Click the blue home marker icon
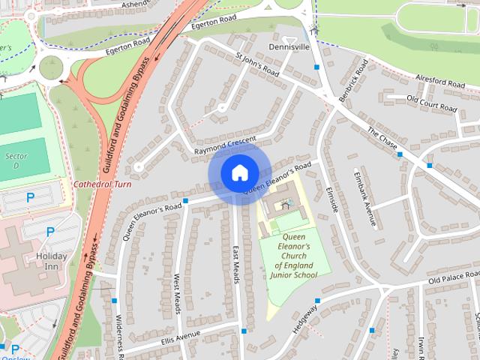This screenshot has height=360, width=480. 239,174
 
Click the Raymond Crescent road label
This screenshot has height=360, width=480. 225,145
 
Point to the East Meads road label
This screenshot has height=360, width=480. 236,265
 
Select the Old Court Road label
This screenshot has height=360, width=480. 431,103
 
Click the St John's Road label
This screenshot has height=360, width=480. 257,64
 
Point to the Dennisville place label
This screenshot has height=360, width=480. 288,46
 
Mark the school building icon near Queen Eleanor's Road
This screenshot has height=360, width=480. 285,203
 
